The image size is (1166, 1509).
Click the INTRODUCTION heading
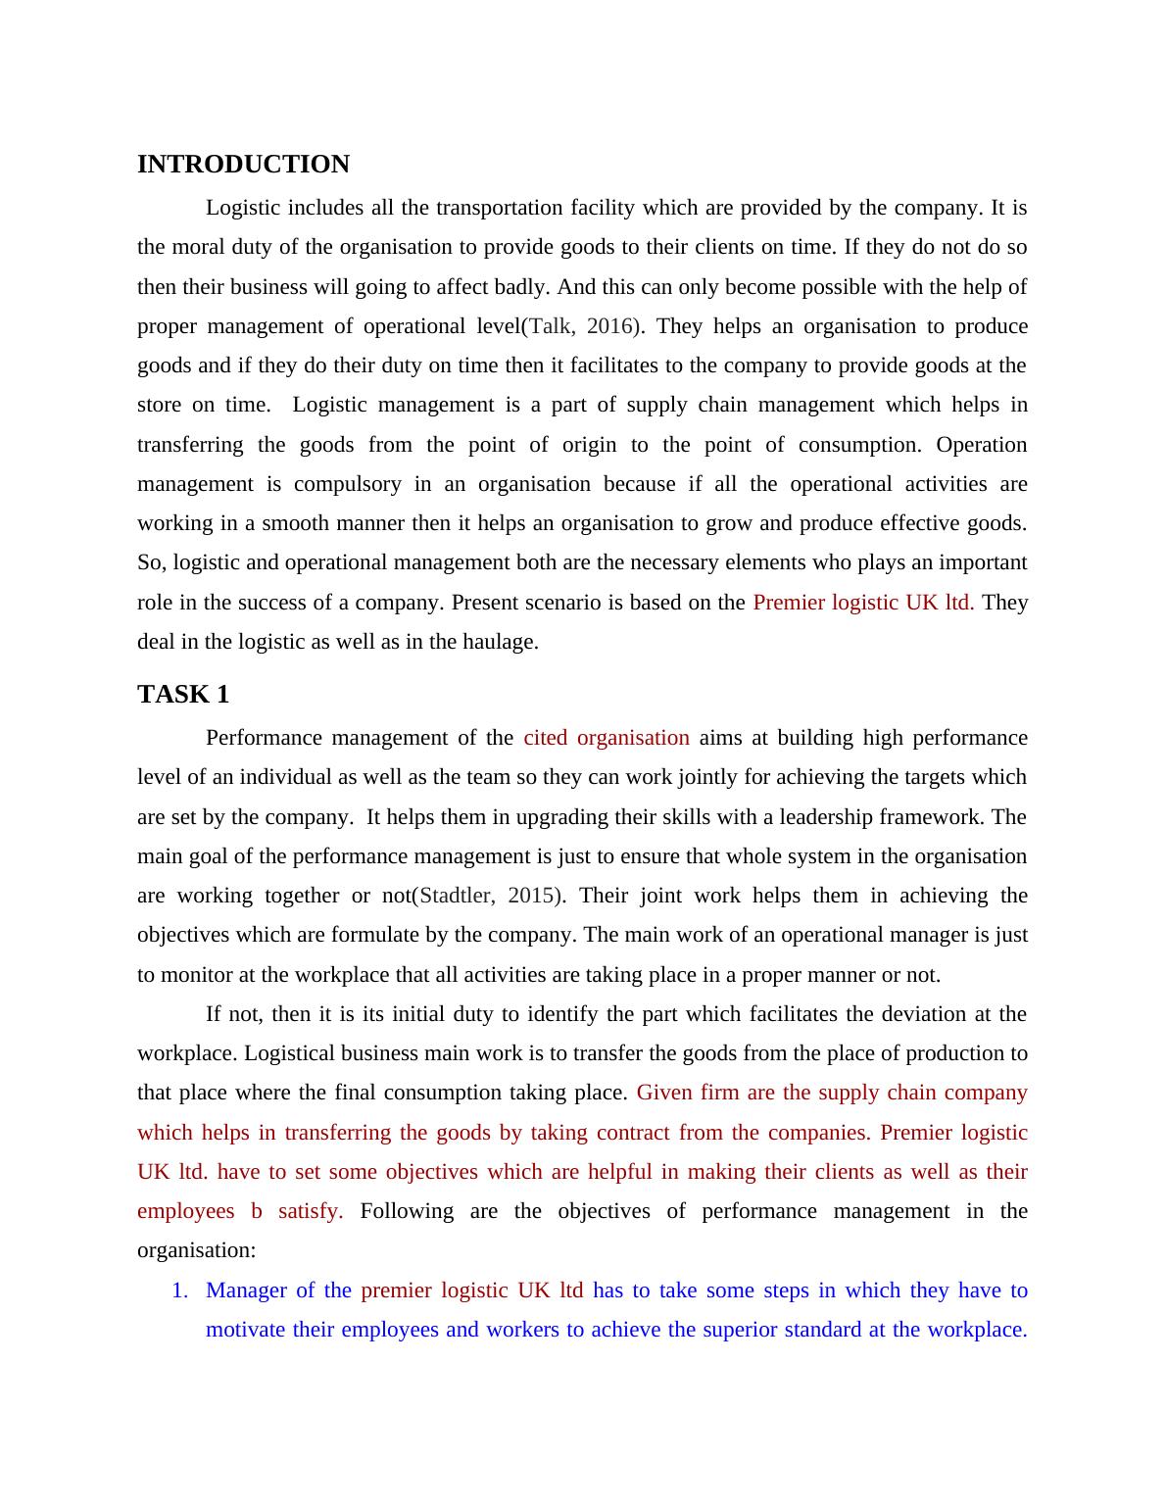[243, 165]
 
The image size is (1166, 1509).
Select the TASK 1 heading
[183, 695]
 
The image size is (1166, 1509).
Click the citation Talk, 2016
[582, 326]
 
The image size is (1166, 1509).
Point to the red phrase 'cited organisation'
[607, 738]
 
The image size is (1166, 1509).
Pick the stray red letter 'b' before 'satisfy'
[257, 1211]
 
